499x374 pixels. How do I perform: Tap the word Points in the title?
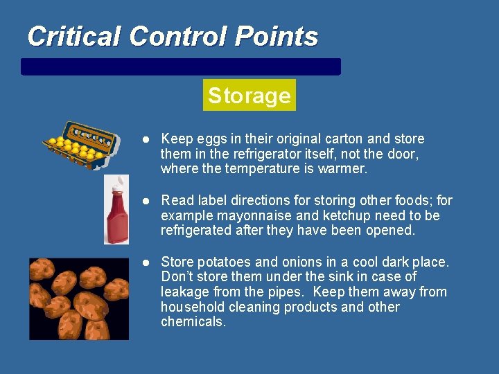coord(276,36)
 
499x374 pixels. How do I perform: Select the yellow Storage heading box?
coord(249,95)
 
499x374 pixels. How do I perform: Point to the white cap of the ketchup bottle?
coord(117,181)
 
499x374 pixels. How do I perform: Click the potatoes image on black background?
coord(78,298)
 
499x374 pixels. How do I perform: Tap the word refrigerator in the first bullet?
coord(260,154)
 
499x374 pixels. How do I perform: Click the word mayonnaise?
coord(249,215)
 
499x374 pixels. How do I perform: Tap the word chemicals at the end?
coord(193,322)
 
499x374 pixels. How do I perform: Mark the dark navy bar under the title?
coord(181,66)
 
